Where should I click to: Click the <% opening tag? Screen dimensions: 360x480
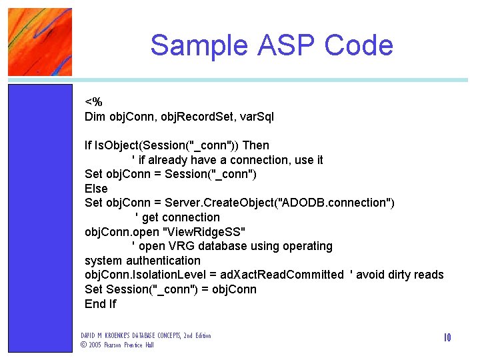coord(93,103)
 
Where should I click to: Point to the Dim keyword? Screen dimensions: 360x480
coord(95,117)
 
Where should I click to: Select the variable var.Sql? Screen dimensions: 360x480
coord(256,117)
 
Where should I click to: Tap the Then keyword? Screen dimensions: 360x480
coord(256,145)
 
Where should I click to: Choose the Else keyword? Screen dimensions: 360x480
coord(96,189)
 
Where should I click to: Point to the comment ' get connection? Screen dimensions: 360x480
coord(177,217)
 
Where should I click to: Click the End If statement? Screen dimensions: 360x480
coord(101,304)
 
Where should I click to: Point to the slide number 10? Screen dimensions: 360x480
coord(447,338)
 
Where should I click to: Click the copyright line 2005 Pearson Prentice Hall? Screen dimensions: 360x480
coord(117,345)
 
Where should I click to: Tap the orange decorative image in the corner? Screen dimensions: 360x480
coord(40,41)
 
